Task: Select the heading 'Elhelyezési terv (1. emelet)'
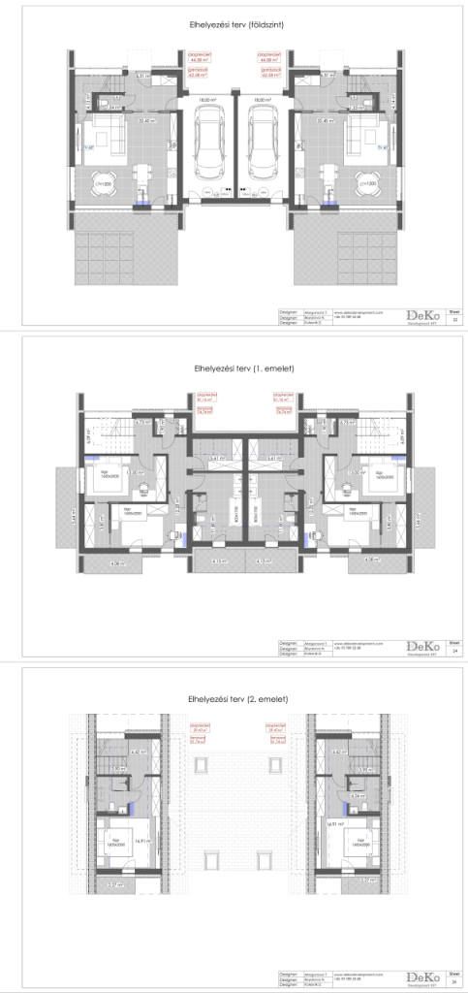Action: coord(234,368)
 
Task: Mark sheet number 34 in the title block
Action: coord(454,650)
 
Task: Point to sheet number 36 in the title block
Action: coord(454,981)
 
